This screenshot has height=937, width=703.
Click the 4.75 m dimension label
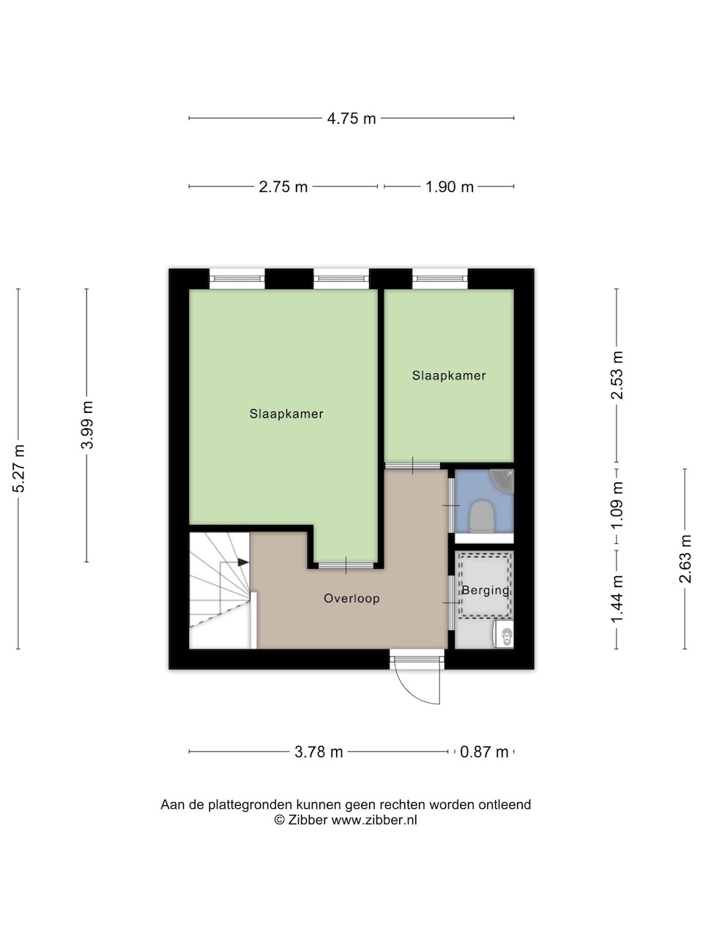click(351, 119)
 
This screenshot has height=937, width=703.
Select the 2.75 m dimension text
click(283, 187)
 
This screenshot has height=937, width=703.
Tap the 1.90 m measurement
click(450, 187)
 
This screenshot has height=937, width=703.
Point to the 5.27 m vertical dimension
click(19, 468)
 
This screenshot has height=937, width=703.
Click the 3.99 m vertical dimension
click(87, 425)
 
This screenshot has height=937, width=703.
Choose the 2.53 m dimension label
click(617, 376)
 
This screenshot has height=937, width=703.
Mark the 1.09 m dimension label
click(617, 505)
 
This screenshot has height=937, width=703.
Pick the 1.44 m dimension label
click(617, 599)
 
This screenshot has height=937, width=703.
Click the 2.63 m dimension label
click(685, 559)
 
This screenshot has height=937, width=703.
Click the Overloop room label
click(351, 599)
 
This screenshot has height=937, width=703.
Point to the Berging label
click(486, 591)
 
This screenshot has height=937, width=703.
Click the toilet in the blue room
click(481, 517)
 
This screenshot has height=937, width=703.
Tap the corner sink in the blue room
click(504, 479)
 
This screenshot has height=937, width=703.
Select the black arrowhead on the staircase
click(243, 562)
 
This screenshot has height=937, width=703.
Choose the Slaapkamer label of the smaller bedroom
click(449, 376)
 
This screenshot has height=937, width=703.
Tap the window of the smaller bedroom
click(439, 279)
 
